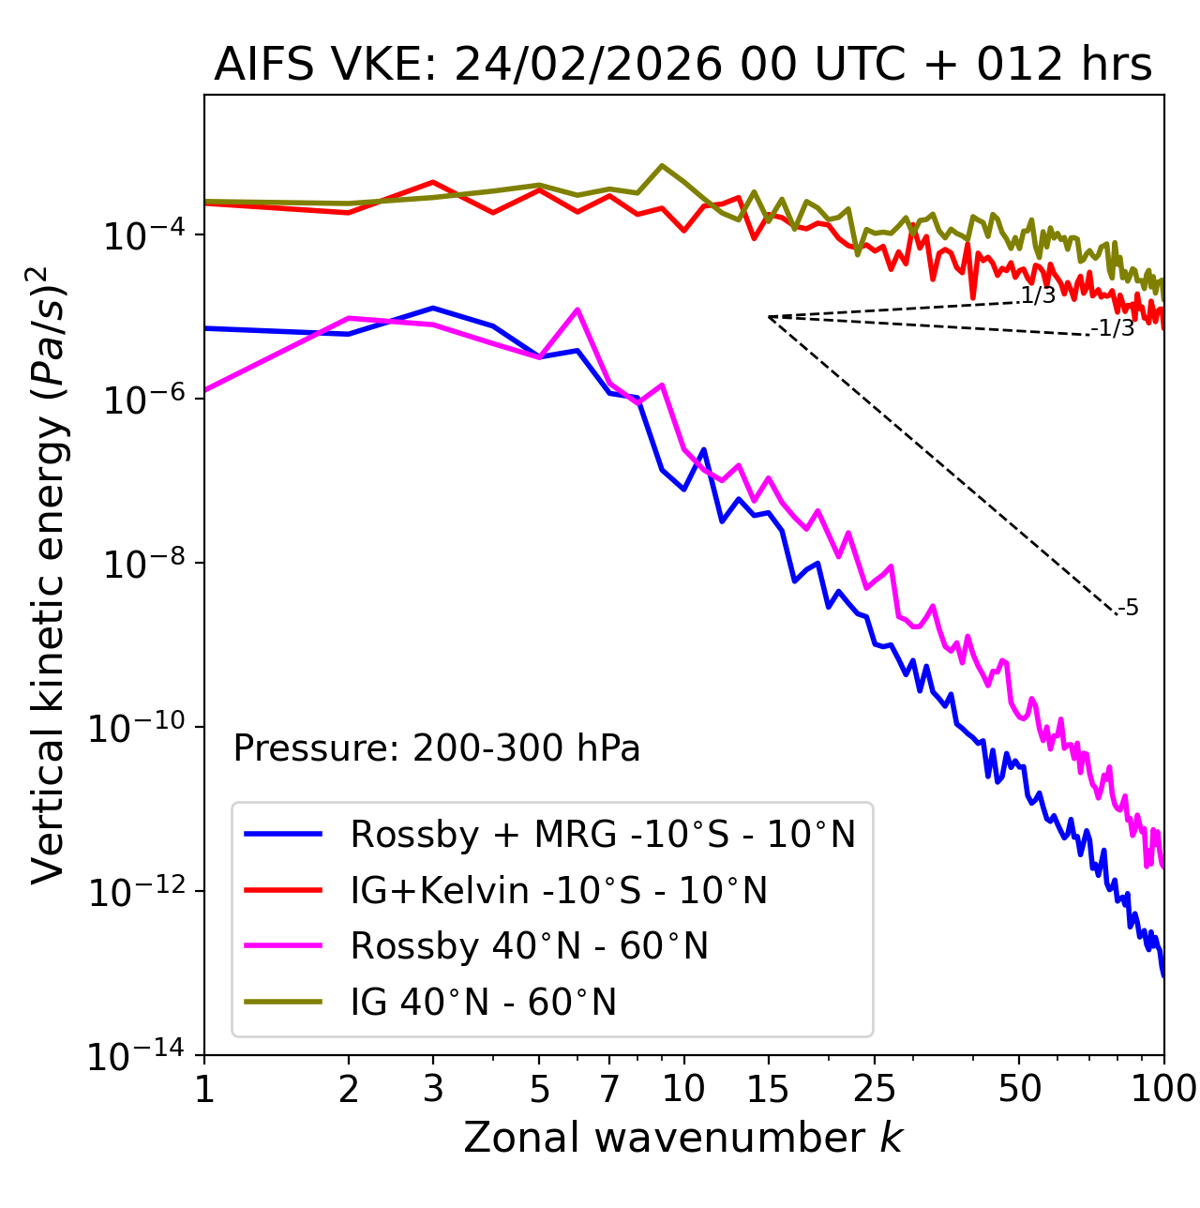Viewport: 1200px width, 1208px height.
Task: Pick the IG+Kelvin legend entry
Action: pyautogui.click(x=559, y=890)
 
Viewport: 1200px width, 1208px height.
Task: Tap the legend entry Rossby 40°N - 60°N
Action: pyautogui.click(x=529, y=946)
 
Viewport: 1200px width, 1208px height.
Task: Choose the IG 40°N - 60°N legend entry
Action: pyautogui.click(x=483, y=1003)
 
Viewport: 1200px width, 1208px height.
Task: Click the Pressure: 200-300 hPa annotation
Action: pyautogui.click(x=437, y=748)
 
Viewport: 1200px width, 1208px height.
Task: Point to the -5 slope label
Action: pyautogui.click(x=1129, y=609)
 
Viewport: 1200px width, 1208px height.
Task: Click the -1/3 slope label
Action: pyautogui.click(x=1114, y=328)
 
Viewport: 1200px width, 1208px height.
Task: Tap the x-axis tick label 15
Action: pyautogui.click(x=768, y=1088)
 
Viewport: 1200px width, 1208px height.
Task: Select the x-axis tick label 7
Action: pyautogui.click(x=609, y=1088)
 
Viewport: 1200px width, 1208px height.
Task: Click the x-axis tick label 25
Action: pyautogui.click(x=875, y=1088)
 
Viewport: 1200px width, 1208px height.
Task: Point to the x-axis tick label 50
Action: pyautogui.click(x=1019, y=1088)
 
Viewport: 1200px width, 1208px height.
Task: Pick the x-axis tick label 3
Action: pyautogui.click(x=433, y=1088)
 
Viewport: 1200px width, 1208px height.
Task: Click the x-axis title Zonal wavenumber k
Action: pyautogui.click(x=682, y=1138)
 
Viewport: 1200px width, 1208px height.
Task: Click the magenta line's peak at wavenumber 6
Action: pyautogui.click(x=577, y=310)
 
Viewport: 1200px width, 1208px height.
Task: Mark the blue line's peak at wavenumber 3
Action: pyautogui.click(x=433, y=308)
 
